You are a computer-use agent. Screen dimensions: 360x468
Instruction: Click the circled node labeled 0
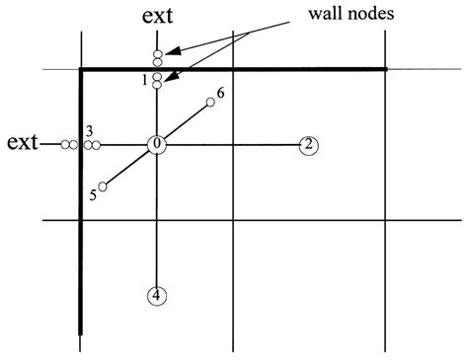coord(157,145)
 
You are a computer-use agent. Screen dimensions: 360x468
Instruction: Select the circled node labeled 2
coord(309,145)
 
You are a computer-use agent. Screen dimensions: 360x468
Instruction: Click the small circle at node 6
coord(210,102)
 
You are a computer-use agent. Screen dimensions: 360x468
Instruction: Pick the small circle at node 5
coord(103,185)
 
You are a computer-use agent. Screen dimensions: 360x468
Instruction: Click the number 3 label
coord(89,131)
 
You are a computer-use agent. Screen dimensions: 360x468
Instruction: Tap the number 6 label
coord(220,93)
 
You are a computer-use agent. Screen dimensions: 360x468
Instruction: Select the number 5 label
coord(92,195)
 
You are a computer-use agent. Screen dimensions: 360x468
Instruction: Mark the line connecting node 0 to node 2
coord(232,145)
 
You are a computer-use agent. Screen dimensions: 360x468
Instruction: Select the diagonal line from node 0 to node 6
coord(185,122)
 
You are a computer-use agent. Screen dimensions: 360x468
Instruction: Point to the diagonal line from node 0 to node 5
coord(128,166)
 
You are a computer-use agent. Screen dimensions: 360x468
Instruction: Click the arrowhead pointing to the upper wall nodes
coord(169,50)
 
